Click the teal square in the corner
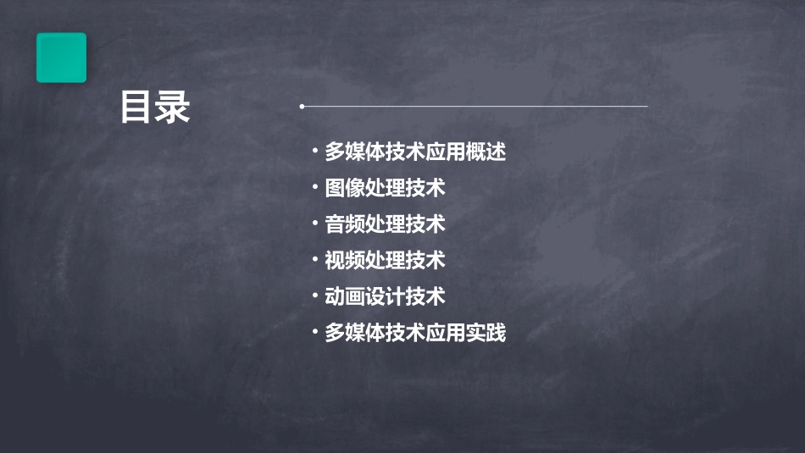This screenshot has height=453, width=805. click(61, 58)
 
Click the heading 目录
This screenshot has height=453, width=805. click(155, 108)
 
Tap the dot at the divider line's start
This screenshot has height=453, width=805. click(302, 107)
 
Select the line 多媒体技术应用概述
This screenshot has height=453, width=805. click(415, 152)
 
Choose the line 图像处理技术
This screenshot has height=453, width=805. click(385, 188)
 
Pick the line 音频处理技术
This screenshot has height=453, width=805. click(385, 224)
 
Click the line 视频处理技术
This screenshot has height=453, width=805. click(385, 261)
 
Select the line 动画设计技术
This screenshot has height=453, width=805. click(385, 296)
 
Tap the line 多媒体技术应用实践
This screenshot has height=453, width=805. click(415, 333)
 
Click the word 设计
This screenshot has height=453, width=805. click(385, 296)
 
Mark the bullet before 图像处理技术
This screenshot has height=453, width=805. click(315, 188)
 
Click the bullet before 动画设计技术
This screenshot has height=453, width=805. click(315, 296)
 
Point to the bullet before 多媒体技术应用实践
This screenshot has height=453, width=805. click(315, 333)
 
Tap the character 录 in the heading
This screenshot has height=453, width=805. click(173, 108)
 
